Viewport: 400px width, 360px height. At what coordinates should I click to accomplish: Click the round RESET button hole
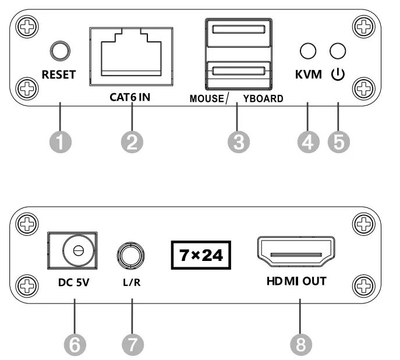tap(58, 51)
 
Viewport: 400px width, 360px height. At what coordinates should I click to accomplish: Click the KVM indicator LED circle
tap(308, 52)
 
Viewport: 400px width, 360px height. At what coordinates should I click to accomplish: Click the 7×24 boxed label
tap(199, 255)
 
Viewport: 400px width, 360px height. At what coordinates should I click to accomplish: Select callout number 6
tap(74, 344)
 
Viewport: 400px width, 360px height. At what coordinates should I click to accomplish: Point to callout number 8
tap(299, 344)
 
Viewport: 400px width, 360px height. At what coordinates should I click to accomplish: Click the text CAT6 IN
tap(130, 97)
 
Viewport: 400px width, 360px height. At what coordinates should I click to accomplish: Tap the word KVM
tap(308, 76)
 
